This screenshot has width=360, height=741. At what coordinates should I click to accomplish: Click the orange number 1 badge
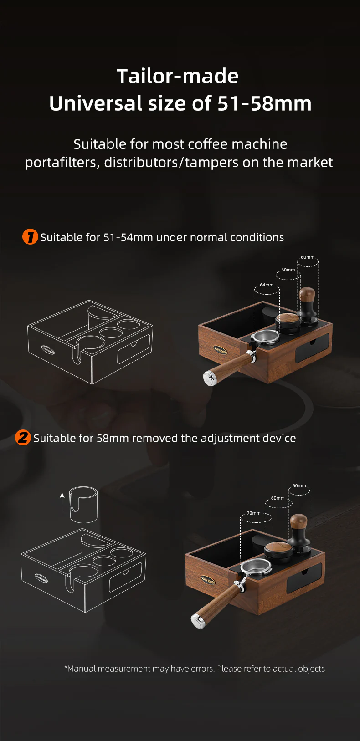coord(30,237)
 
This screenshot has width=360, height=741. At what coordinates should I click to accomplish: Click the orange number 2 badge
coord(23,438)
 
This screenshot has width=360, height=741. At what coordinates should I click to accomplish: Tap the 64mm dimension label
coord(267,285)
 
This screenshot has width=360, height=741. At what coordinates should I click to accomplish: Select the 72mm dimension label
coord(254,513)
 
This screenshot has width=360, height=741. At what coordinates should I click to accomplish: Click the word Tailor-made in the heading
coord(177,76)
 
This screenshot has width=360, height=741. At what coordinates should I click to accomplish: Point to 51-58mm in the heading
coord(264,103)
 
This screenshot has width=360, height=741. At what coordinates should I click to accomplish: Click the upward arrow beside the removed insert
coord(62,501)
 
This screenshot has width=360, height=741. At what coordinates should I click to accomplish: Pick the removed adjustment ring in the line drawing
coord(83,505)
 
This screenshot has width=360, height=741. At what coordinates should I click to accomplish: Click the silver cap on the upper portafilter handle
coord(210,378)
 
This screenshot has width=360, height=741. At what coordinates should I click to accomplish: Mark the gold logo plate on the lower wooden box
coord(208,581)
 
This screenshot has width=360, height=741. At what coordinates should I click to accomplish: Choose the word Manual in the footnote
coord(82,669)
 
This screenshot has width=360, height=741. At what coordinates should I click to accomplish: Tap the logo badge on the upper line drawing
coord(48,350)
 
